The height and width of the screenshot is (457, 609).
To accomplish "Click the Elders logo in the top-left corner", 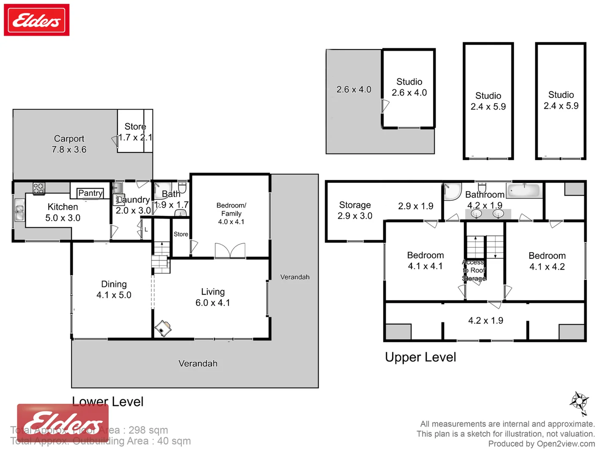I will point(36,20).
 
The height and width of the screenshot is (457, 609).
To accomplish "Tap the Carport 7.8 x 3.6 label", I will point(69,144).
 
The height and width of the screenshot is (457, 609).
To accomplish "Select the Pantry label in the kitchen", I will point(90,193).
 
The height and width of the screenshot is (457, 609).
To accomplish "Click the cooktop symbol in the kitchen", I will point(39,188).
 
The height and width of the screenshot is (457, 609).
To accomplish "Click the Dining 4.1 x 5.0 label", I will point(114,289).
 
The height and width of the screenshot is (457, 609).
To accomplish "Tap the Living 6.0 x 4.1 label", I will point(213,297).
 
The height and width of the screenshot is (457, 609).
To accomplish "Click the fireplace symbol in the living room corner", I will point(163,328).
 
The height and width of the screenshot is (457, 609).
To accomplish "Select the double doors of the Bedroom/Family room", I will point(230,251).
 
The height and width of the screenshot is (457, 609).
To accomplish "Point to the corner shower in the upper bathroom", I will point(452,192).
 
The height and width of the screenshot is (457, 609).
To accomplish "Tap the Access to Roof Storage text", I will point(474,270).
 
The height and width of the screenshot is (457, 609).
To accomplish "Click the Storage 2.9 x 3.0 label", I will point(355,210).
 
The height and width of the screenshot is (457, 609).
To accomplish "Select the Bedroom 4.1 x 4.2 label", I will point(547,261).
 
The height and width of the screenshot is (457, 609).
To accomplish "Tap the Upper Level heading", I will point(420,357).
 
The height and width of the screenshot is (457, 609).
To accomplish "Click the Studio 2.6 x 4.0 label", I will point(409,87).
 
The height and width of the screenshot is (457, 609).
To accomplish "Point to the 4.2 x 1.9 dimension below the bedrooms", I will point(486,320).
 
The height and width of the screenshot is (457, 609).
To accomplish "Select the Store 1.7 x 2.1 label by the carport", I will point(135,132).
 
